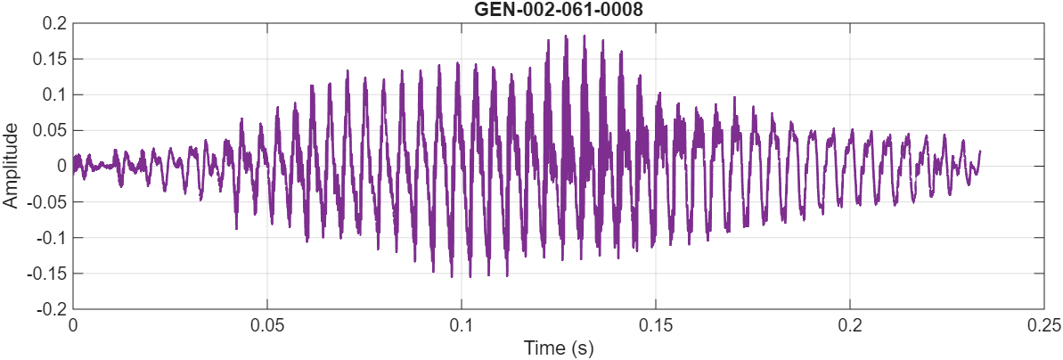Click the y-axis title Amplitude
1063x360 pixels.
[x=11, y=167]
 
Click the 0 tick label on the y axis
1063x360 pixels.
[x=61, y=166]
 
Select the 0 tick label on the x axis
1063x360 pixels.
[x=73, y=323]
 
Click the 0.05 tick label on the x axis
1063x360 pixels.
[x=267, y=323]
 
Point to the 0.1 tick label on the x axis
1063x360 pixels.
[x=462, y=323]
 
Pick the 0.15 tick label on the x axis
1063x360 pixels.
[x=656, y=323]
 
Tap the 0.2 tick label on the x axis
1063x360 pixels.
[x=850, y=323]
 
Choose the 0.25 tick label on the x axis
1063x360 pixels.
[x=1043, y=323]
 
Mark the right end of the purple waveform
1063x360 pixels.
[x=980, y=151]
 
